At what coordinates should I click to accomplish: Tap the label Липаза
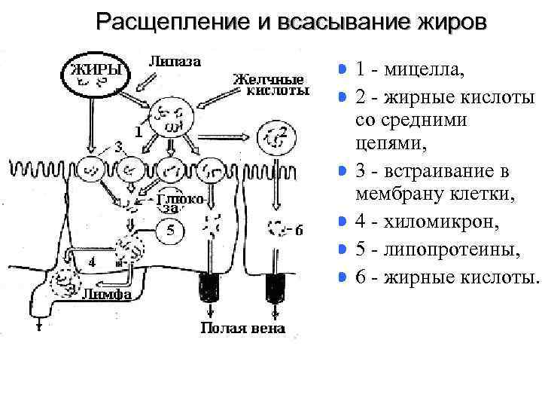[175, 62]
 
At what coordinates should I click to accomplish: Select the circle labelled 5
[172, 231]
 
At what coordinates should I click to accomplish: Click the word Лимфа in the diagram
[105, 295]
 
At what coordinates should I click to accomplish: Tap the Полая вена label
[242, 328]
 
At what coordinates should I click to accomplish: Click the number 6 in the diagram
[299, 231]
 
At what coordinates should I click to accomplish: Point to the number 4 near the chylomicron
[90, 263]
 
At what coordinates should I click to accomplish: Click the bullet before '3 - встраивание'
[343, 170]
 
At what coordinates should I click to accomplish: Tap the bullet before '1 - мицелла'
[343, 70]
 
